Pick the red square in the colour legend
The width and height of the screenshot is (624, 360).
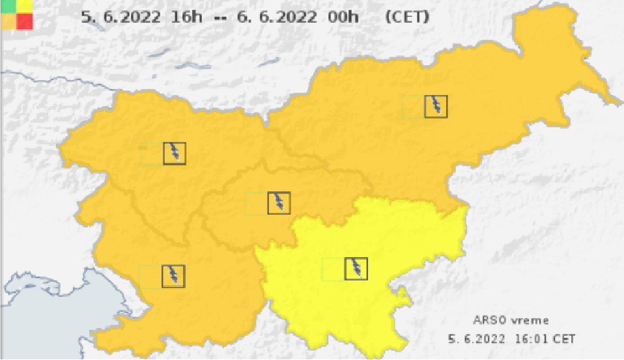click(25, 21)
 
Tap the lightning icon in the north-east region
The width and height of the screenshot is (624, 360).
click(436, 106)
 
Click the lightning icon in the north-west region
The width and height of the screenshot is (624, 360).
click(175, 153)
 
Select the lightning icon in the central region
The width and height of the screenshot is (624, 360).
click(279, 203)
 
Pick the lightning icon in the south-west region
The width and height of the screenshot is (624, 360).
click(173, 276)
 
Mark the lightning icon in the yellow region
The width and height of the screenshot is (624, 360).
click(356, 269)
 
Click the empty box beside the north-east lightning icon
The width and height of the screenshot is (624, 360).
click(413, 106)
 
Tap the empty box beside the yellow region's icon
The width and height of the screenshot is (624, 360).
click(333, 270)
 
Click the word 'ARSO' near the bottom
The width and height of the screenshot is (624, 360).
click(485, 320)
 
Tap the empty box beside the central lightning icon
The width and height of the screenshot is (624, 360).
click(256, 204)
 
